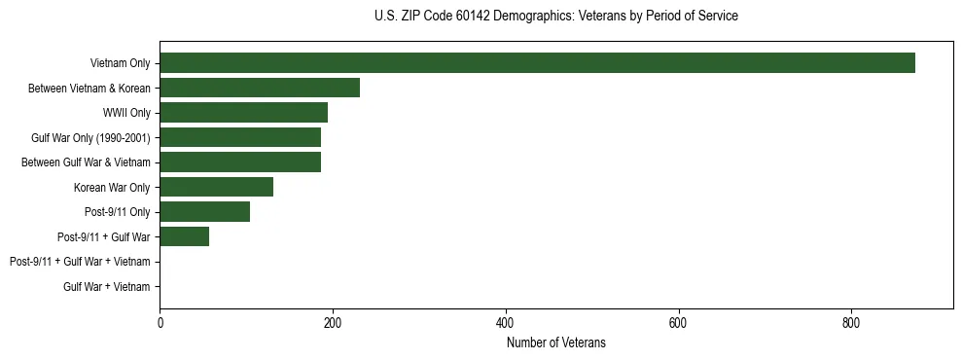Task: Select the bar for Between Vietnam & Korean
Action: tap(260, 88)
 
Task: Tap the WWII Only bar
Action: tap(243, 113)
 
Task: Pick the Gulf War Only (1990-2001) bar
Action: tap(240, 137)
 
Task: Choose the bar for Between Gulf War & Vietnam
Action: tap(240, 162)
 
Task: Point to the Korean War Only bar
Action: tap(216, 187)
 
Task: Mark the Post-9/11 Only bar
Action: tap(204, 212)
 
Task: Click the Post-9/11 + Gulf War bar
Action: tap(184, 236)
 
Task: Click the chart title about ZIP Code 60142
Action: tap(555, 17)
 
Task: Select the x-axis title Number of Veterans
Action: tap(555, 342)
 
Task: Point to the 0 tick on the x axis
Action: tap(160, 323)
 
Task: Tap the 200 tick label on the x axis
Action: tap(333, 323)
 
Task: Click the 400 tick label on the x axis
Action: tap(505, 323)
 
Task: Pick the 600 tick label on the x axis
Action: tap(678, 323)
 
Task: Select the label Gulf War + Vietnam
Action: tap(107, 287)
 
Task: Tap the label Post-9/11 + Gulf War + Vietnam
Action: tap(80, 262)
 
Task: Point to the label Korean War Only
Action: tap(112, 187)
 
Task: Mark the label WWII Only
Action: tap(126, 113)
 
